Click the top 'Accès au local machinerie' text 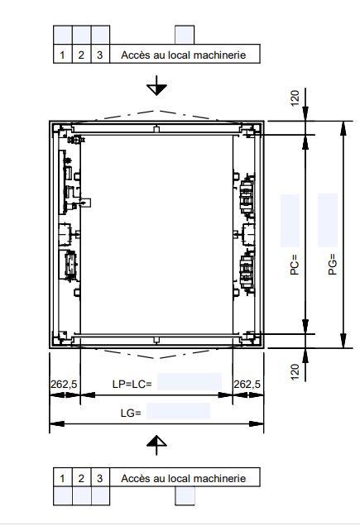183,55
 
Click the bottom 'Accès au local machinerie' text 183,478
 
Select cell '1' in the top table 63,55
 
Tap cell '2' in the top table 81,55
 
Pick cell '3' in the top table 99,55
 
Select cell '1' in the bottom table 63,478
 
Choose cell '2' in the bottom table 81,478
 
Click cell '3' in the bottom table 99,478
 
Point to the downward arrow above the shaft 156,87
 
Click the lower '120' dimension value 295,372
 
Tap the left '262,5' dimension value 65,385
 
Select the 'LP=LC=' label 131,385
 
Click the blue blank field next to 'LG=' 180,411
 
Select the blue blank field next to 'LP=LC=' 190,382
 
